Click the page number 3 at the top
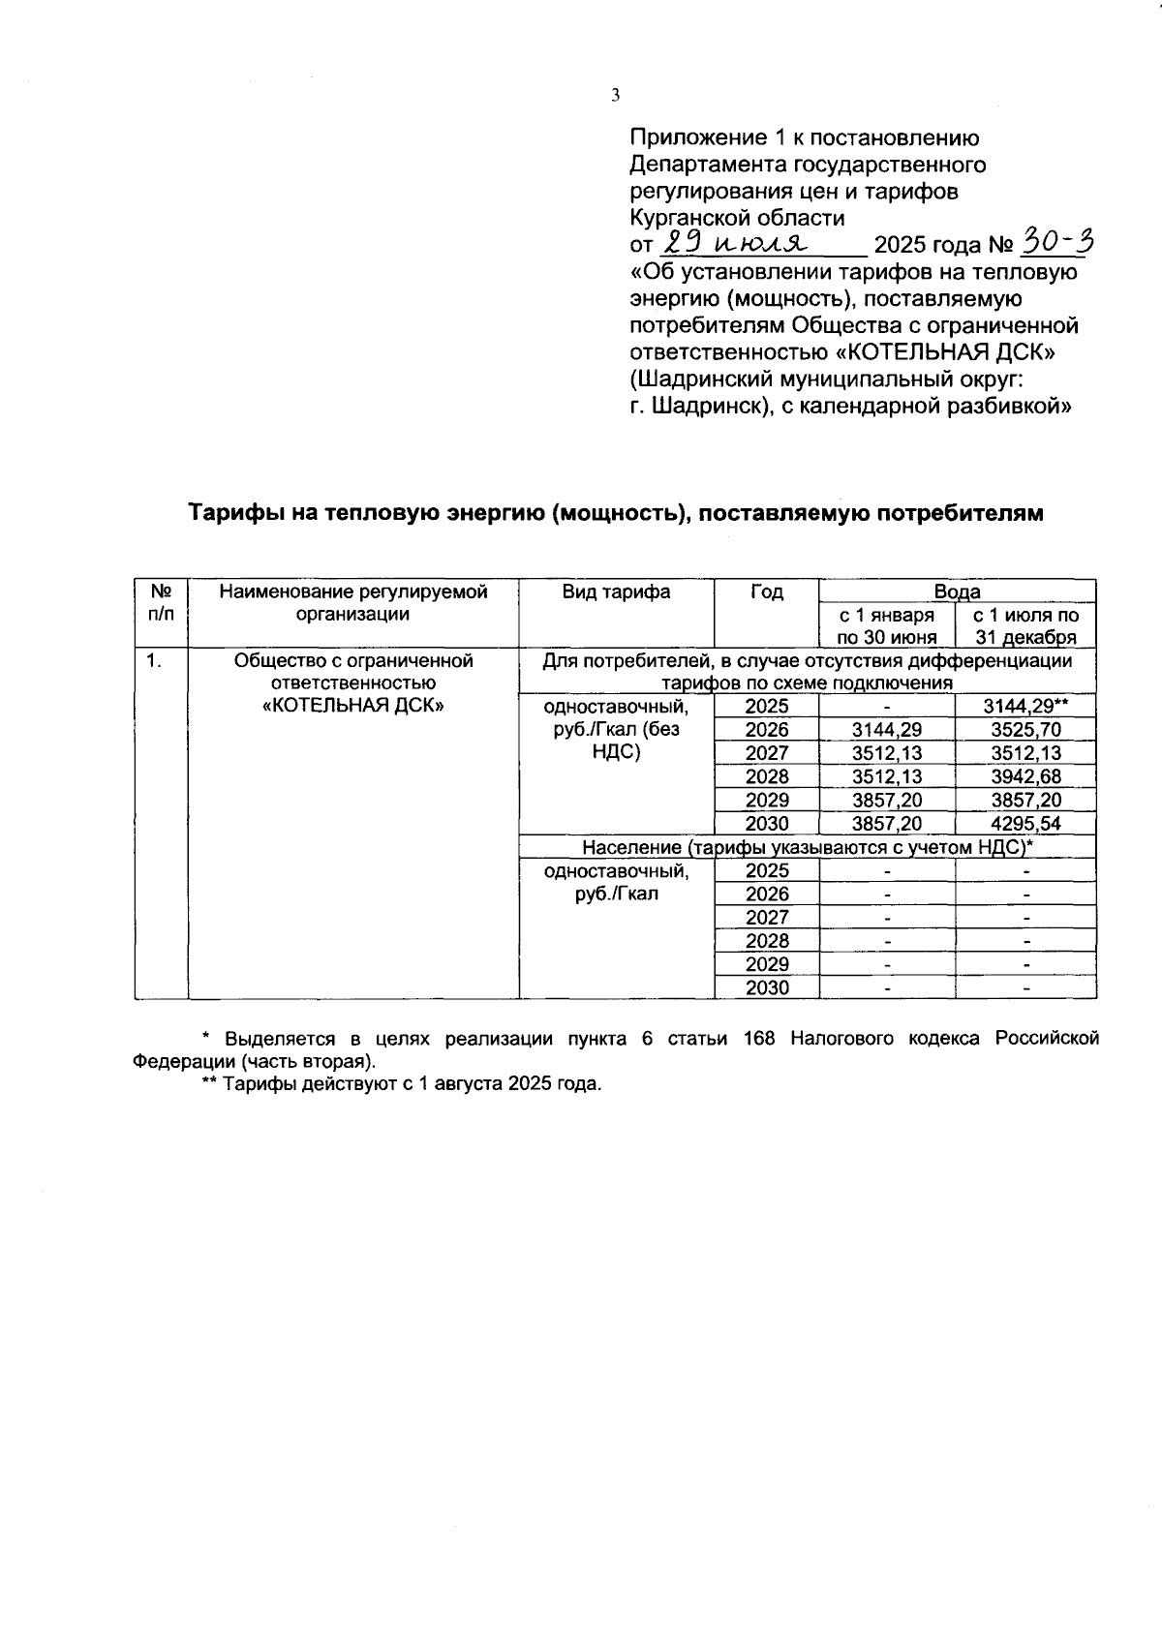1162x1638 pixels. [615, 95]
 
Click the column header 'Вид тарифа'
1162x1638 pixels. [616, 591]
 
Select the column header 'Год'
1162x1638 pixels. [766, 591]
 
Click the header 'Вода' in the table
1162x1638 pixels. [957, 591]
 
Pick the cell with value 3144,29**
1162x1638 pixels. [1025, 707]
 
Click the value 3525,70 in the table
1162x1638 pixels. [1025, 730]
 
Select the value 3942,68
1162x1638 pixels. [1025, 776]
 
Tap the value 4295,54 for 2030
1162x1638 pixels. [1025, 824]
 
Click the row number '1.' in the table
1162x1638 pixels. [153, 661]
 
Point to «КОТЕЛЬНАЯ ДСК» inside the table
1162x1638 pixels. [353, 707]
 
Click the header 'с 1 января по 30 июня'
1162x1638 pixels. [887, 625]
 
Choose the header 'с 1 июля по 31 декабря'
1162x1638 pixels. [1025, 625]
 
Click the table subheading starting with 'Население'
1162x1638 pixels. [808, 847]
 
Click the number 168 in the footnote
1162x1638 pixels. [761, 1039]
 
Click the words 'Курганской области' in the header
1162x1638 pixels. [737, 218]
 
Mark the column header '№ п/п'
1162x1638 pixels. [161, 602]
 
